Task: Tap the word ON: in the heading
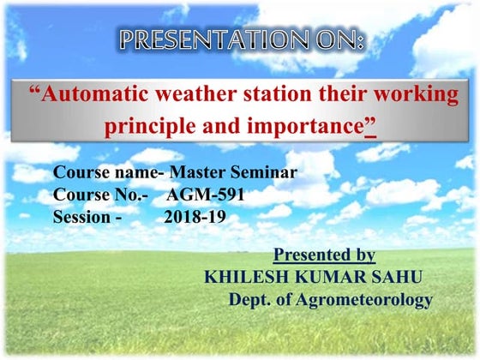pos(337,40)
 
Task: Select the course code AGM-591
pos(205,195)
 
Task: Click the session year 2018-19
pos(195,217)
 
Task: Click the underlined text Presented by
pos(323,255)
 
